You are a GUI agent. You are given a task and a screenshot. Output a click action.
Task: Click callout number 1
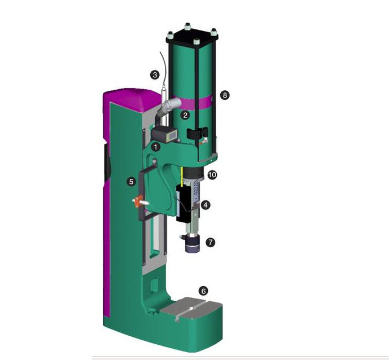[156, 147]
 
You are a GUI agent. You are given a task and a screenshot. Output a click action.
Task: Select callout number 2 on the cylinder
[185, 115]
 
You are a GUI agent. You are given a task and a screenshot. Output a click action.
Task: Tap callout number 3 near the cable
[155, 74]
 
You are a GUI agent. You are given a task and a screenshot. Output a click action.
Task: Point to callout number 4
[206, 205]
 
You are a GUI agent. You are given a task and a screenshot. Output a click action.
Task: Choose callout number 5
[131, 182]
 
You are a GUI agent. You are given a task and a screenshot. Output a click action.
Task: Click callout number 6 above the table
[203, 291]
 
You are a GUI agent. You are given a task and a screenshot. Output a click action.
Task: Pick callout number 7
[211, 242]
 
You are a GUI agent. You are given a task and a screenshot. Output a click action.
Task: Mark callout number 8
[225, 95]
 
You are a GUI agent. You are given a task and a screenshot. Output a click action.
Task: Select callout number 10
[212, 175]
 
